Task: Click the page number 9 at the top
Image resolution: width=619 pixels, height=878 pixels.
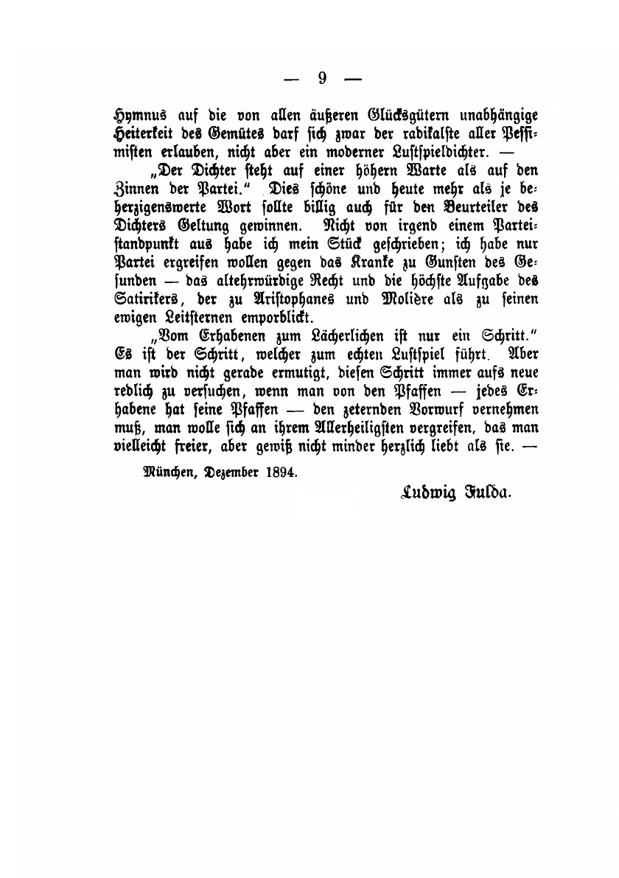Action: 322,79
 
